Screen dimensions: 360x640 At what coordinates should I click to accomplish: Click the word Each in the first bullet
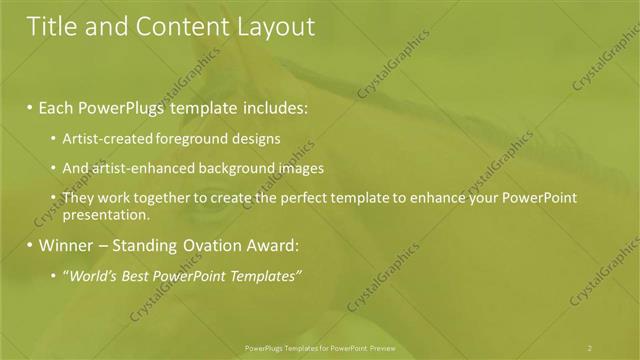pos(56,107)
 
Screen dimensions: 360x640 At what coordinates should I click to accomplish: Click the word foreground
pos(182,139)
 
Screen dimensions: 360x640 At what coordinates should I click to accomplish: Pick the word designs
pos(251,139)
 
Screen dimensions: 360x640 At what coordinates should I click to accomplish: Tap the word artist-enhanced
pos(139,168)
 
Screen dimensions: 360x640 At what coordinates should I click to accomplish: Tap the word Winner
pos(67,245)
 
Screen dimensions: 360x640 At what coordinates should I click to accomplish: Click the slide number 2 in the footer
pos(590,347)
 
